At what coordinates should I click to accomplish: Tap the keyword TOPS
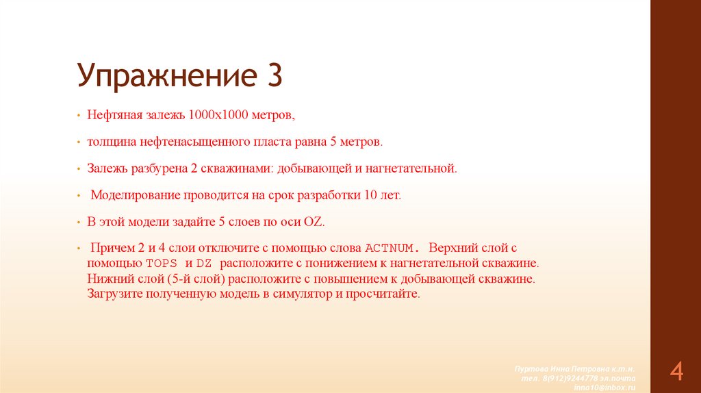point(162,264)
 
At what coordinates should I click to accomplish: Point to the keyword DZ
point(203,264)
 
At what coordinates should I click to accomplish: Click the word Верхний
point(453,248)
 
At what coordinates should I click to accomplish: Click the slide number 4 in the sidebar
point(676,372)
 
